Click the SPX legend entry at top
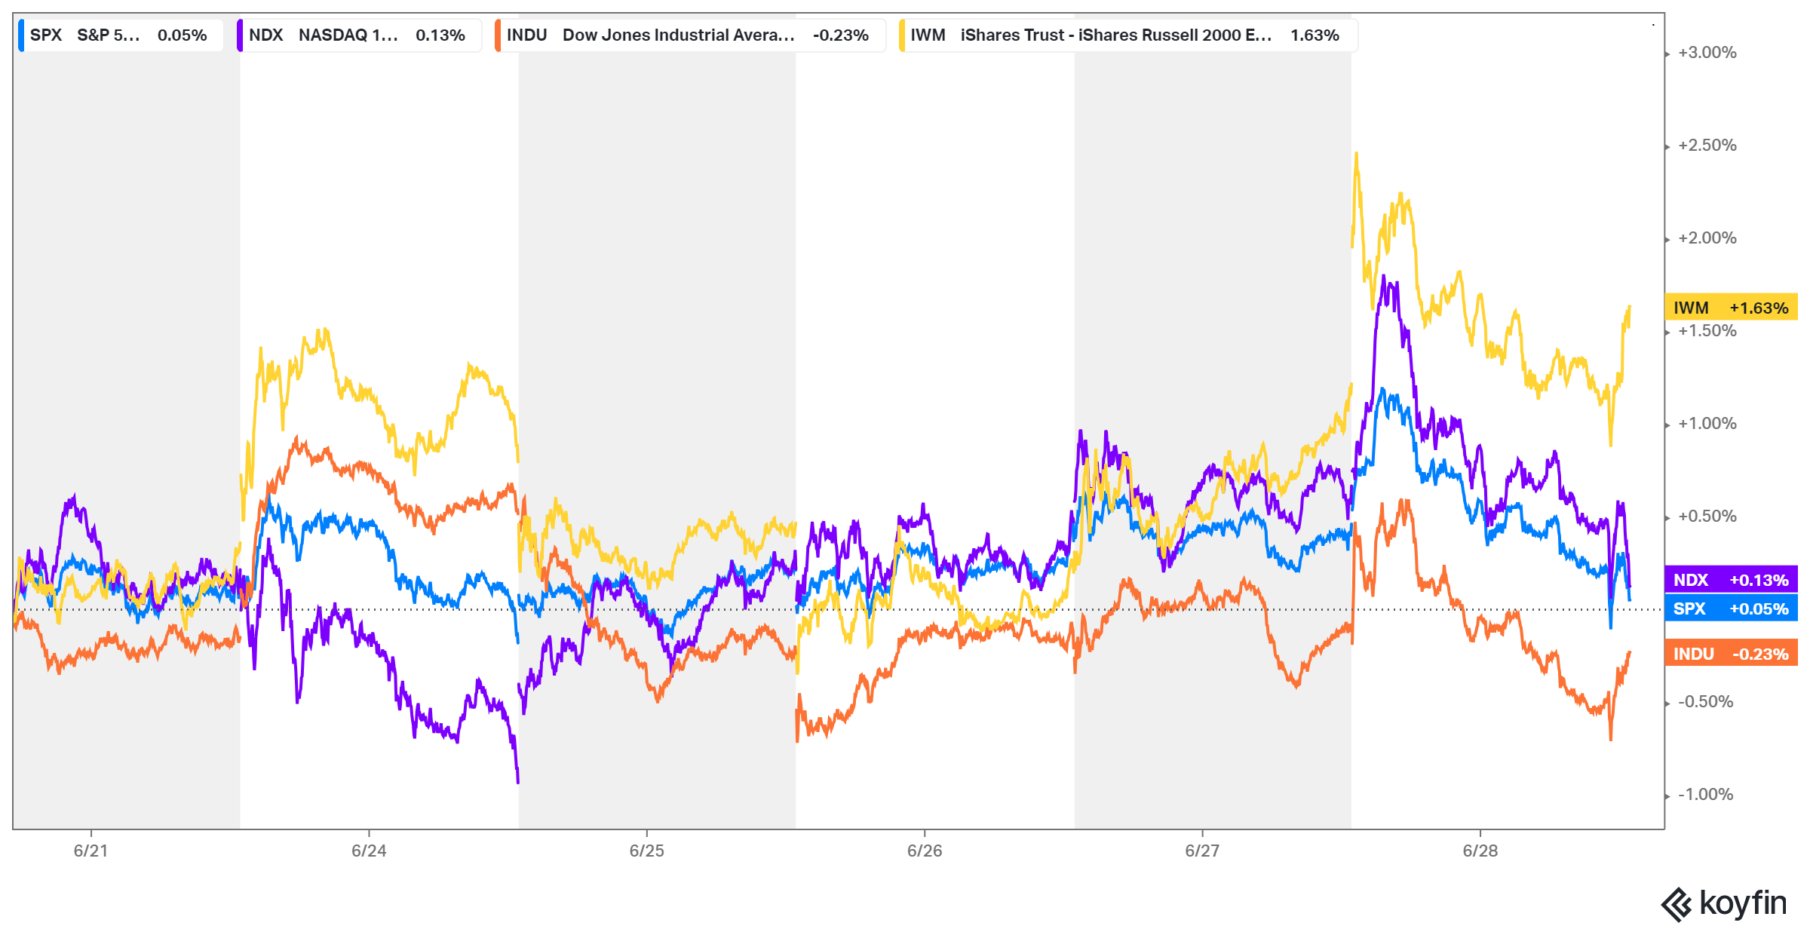coord(119,35)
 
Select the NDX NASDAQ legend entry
coord(357,35)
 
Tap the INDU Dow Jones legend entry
coord(688,35)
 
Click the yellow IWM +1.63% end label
coord(1730,308)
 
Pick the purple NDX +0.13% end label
coord(1730,580)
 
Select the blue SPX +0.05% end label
coord(1730,609)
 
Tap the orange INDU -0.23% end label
coord(1730,654)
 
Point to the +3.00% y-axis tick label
coord(1707,53)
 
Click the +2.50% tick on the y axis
coord(1707,146)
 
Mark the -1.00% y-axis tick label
coord(1705,795)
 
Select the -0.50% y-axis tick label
coord(1705,702)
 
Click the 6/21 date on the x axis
coord(90,851)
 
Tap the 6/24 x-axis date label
coord(369,851)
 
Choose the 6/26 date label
coord(925,851)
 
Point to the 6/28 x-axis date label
coord(1480,851)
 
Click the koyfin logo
coord(1724,903)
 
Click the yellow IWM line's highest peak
coord(1356,155)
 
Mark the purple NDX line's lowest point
coord(517,781)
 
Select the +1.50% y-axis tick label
coord(1707,331)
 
